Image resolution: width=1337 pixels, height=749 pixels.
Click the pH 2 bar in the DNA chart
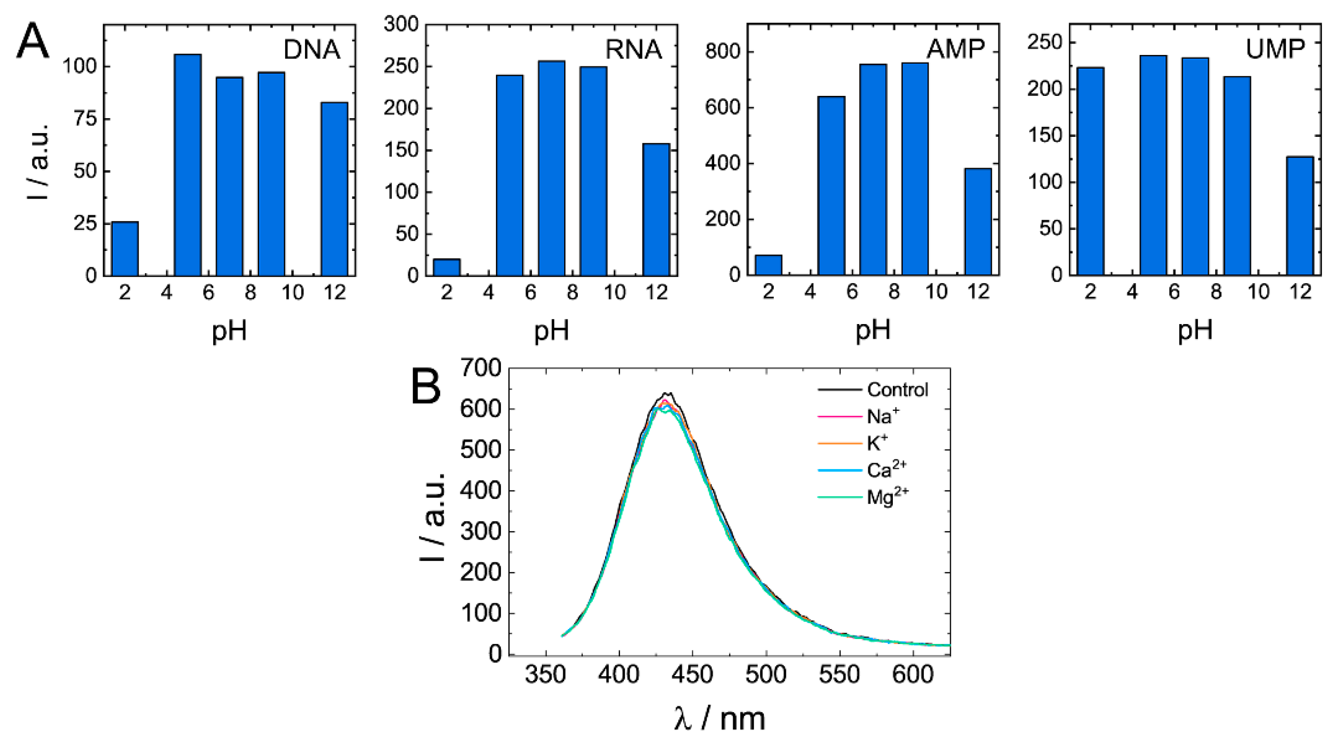pyautogui.click(x=125, y=248)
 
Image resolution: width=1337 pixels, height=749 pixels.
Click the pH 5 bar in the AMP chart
pyautogui.click(x=831, y=185)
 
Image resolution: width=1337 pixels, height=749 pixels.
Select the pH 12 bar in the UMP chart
pyautogui.click(x=1300, y=215)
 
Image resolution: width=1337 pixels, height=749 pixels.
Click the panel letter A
pyautogui.click(x=32, y=41)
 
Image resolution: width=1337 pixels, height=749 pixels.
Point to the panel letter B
pyautogui.click(x=426, y=386)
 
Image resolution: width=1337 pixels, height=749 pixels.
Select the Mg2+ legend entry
pyautogui.click(x=887, y=497)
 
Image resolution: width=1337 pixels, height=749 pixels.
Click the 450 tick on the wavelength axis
pyautogui.click(x=692, y=674)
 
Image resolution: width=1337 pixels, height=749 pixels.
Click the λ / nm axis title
pyautogui.click(x=720, y=719)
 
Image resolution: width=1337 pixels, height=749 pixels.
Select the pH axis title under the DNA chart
pyautogui.click(x=229, y=330)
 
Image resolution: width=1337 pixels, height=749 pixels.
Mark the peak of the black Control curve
pyautogui.click(x=667, y=393)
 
